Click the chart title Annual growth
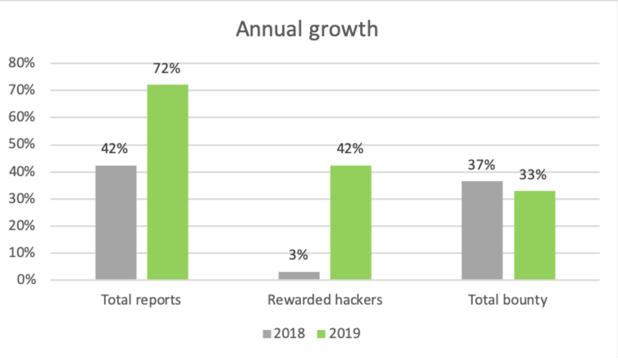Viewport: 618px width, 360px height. (307, 29)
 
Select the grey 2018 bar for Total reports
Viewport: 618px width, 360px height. (116, 222)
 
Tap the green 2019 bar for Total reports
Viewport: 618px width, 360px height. (168, 182)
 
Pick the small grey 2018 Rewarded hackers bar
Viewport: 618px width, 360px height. (299, 276)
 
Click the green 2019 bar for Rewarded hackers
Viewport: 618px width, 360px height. (351, 222)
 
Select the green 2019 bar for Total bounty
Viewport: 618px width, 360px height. (534, 235)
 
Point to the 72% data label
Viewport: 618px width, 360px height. (167, 69)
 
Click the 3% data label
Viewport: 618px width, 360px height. (299, 255)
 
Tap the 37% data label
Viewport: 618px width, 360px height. (482, 165)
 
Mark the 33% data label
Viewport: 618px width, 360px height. (534, 175)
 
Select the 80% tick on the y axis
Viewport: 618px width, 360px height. (22, 63)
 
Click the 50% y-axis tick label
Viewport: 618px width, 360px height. (22, 144)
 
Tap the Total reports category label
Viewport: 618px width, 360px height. (141, 300)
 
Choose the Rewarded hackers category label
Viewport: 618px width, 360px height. (325, 300)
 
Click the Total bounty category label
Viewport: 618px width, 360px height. (508, 300)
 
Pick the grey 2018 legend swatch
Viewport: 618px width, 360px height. (267, 334)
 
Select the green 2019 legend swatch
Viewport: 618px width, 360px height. (321, 334)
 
